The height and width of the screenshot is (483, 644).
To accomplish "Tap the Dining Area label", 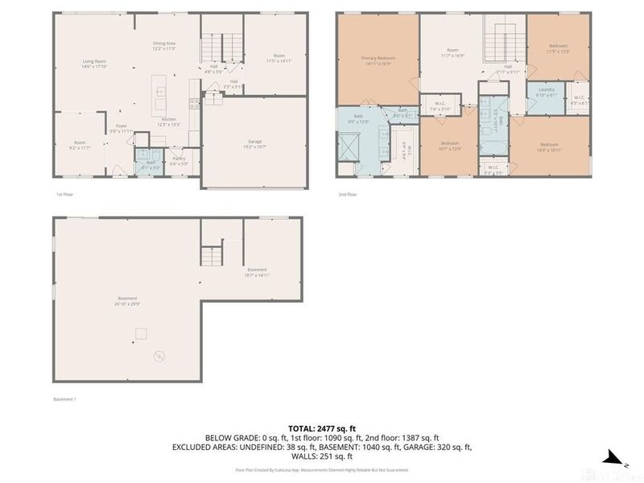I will [164, 44].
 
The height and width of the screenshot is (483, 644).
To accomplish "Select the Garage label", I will [254, 143].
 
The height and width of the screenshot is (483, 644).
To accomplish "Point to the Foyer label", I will [121, 127].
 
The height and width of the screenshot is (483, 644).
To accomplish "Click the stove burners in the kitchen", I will [193, 102].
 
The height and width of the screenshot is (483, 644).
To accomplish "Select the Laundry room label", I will [547, 91].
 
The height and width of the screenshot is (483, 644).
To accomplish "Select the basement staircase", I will [212, 257].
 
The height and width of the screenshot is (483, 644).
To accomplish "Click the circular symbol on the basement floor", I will [159, 355].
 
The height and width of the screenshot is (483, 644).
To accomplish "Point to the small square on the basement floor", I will [142, 332].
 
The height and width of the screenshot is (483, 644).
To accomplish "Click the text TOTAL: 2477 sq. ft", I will [321, 429].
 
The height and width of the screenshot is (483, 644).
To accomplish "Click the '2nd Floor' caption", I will [346, 194].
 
